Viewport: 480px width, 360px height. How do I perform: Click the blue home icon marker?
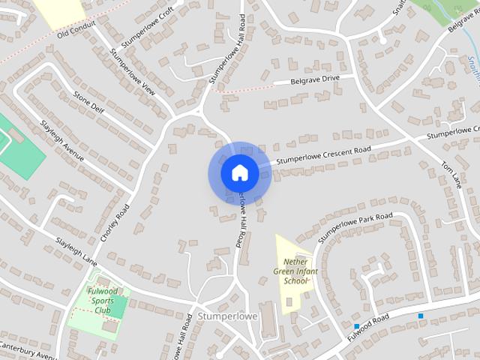[239, 172]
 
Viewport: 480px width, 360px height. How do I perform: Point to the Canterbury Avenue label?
[28, 351]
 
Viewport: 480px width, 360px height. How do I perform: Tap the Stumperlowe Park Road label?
[355, 227]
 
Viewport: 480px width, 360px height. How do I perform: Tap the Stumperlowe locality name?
[228, 316]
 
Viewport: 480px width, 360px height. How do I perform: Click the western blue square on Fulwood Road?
[357, 326]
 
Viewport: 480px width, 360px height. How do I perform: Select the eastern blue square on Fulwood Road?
[421, 316]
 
